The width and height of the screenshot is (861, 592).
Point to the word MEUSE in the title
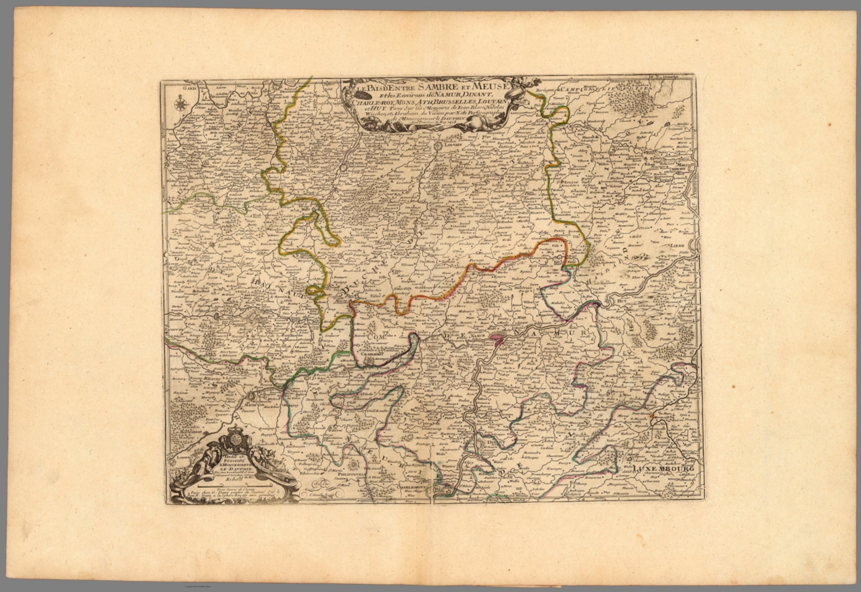(492, 85)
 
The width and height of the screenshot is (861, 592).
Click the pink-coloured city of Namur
(496, 337)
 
